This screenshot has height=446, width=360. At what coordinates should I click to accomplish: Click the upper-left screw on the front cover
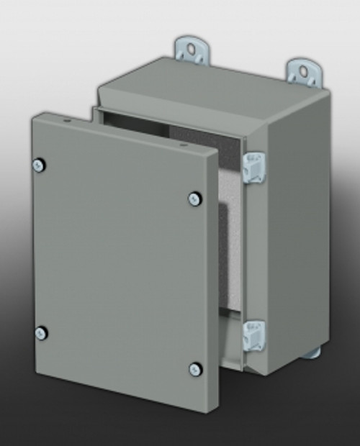[38, 165]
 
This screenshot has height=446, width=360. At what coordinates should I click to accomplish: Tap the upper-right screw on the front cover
[194, 198]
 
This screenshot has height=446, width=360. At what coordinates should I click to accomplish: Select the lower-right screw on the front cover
[195, 369]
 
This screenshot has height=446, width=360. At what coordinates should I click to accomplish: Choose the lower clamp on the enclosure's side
[254, 335]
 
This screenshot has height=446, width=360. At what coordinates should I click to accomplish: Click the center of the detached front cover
[115, 263]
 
